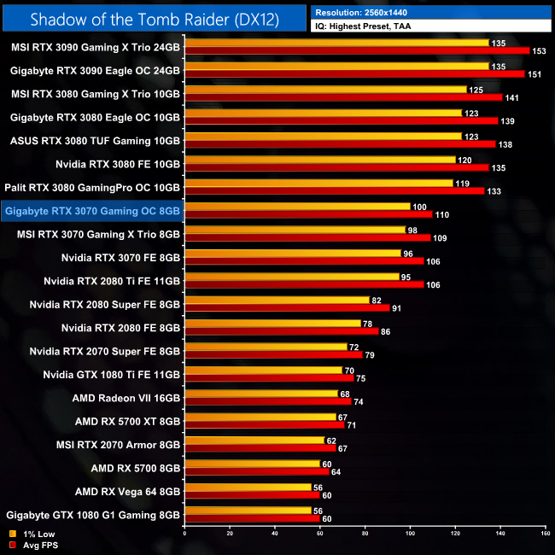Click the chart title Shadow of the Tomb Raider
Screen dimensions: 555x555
[154, 18]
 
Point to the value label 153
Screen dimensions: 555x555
[540, 51]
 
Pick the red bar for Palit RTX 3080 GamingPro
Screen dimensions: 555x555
[334, 191]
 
